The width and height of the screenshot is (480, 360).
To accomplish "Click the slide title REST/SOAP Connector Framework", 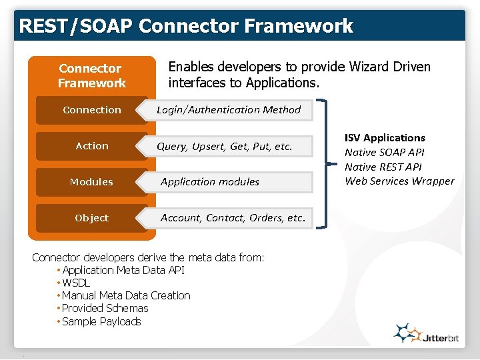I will point(186,26).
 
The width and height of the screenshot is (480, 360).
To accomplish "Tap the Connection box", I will point(91,110).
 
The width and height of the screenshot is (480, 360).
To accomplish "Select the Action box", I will point(91,146).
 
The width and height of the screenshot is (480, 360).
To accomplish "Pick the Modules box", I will point(91,182).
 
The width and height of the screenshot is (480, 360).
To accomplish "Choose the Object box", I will point(91,218).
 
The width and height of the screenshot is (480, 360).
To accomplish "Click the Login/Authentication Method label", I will point(229,109).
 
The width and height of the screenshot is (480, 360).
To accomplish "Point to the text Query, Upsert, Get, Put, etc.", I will point(225,146).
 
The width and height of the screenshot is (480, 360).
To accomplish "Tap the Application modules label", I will point(210,181).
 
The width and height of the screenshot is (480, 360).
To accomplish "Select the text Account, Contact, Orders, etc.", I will point(233,217).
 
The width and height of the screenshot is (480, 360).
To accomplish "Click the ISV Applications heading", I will point(385,137).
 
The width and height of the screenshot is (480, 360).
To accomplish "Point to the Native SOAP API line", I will point(384,152).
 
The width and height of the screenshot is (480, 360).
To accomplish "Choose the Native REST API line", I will point(383,167).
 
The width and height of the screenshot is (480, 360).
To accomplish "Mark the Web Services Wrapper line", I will point(399,181).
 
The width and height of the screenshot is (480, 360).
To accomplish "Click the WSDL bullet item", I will point(76,283).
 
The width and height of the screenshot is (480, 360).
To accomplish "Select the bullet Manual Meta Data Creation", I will point(126,295).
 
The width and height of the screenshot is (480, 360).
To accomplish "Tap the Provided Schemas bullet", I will point(105,308).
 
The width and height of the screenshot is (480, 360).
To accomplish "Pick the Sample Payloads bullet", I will point(101,321).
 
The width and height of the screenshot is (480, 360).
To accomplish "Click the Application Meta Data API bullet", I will point(123,270).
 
